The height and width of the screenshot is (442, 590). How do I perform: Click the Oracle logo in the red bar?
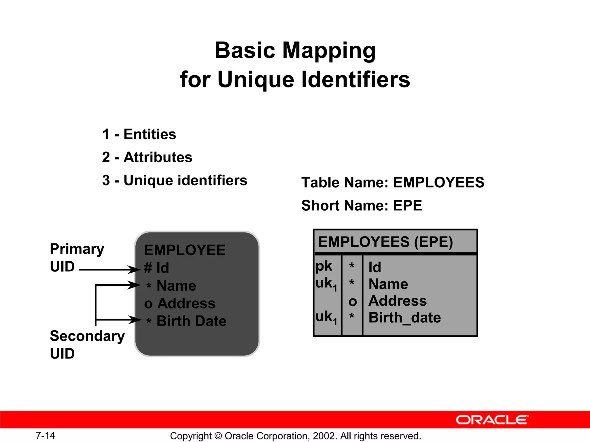[492, 420]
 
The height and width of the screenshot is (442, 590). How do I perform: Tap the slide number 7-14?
[45, 435]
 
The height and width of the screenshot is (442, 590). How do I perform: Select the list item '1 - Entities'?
[139, 134]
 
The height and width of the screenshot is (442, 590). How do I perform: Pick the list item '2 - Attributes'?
[147, 157]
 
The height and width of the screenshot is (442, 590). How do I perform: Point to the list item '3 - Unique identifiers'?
[175, 180]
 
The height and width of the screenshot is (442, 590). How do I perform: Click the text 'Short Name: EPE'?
[362, 205]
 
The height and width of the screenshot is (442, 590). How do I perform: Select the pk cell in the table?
[324, 266]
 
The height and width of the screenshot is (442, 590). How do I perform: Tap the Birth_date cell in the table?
[404, 318]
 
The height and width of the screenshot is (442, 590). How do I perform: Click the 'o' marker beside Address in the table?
[352, 302]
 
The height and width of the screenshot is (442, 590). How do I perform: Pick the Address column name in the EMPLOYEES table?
[398, 301]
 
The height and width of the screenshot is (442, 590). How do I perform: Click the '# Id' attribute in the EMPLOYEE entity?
[156, 268]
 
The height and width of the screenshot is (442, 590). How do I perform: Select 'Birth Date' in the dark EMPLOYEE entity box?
[191, 321]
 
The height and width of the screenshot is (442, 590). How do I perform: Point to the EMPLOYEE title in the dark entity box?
[185, 250]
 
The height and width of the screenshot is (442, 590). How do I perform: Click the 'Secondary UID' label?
[87, 344]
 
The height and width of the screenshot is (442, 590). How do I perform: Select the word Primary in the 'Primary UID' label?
[77, 249]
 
